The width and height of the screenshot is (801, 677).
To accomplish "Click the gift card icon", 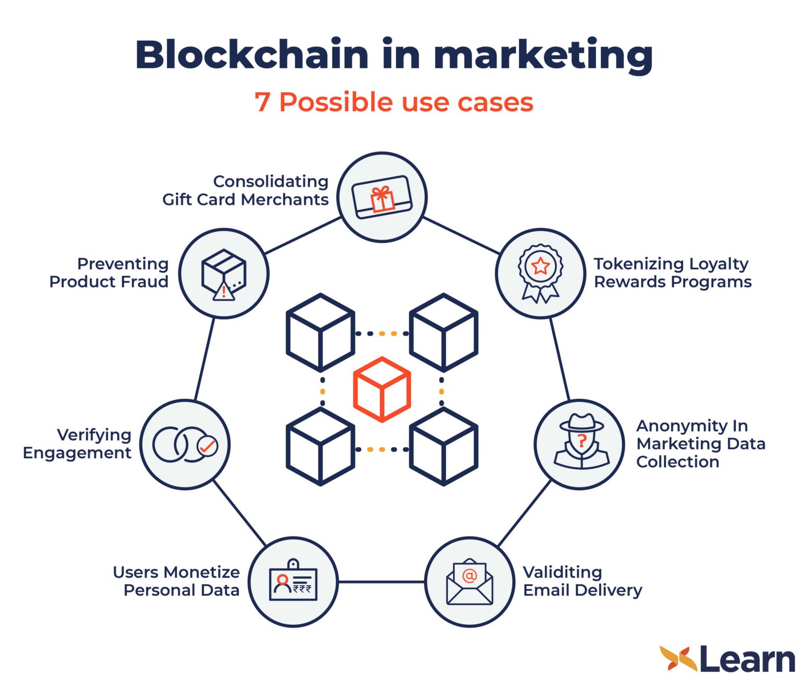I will click(382, 197).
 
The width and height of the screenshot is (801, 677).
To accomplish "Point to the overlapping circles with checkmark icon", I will click(185, 445).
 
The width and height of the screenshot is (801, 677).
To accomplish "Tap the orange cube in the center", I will click(382, 389).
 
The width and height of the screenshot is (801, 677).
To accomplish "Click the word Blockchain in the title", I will click(252, 54).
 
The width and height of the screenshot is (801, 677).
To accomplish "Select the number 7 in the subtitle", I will click(262, 102).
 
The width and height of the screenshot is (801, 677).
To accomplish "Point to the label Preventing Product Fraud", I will click(109, 272).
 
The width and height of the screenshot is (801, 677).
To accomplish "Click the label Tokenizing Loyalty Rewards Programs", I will click(672, 272).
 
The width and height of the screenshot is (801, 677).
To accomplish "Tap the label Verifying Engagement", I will click(77, 444).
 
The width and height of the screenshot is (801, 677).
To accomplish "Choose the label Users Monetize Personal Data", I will click(176, 581).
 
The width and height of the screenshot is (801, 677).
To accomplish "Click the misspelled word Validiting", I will click(562, 572).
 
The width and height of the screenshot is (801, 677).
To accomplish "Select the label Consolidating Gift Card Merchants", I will click(245, 190).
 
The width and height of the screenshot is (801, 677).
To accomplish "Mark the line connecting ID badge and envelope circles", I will click(381, 581).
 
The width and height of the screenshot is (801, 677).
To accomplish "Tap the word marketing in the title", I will click(543, 55).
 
